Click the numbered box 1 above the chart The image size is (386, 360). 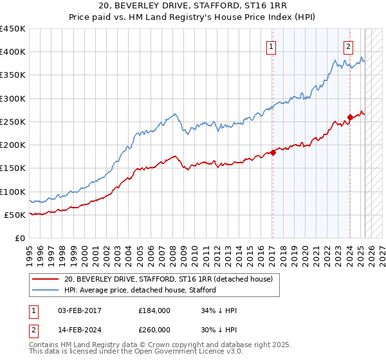click(271, 46)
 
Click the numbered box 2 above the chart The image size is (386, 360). click(348, 46)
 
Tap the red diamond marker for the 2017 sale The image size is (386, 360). click(273, 152)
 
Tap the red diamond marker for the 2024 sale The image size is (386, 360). click(350, 117)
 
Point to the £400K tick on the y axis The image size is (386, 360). click(13, 52)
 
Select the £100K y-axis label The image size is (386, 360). click(13, 192)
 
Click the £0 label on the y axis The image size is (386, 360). click(19, 238)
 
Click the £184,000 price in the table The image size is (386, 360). click(154, 310)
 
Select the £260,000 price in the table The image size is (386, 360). click(154, 328)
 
